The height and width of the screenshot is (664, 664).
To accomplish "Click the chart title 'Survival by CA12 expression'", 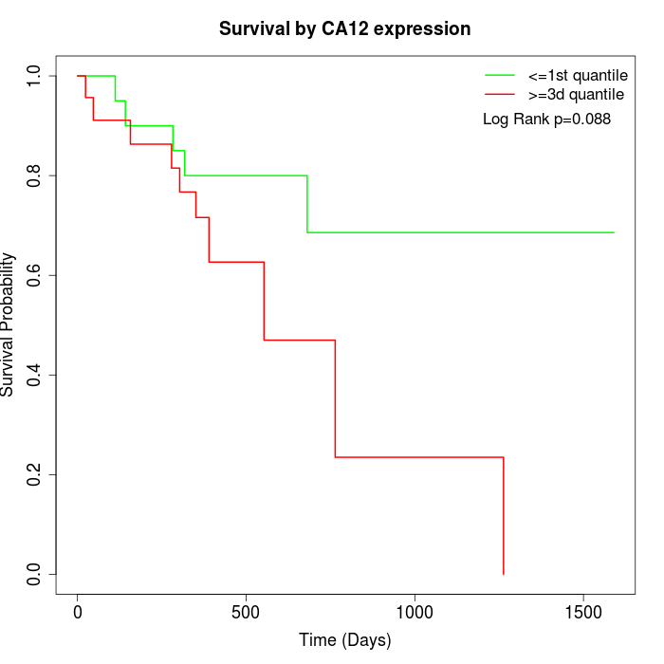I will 344,29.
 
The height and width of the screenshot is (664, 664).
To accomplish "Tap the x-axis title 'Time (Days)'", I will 344,640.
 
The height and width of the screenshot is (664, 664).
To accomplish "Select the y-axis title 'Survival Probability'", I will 9,324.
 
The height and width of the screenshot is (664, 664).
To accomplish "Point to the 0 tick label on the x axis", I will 78,613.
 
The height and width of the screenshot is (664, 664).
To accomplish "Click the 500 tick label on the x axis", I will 246,613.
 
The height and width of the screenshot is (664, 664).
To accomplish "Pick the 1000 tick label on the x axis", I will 415,613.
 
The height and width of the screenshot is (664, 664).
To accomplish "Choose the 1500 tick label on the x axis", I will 582,613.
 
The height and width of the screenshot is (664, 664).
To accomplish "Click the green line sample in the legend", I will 500,75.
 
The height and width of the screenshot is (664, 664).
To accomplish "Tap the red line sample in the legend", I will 500,94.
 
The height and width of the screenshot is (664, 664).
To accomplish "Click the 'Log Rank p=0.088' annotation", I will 546,120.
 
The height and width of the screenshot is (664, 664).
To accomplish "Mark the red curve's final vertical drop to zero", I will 503,517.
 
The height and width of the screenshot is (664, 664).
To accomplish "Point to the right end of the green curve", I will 614,232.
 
